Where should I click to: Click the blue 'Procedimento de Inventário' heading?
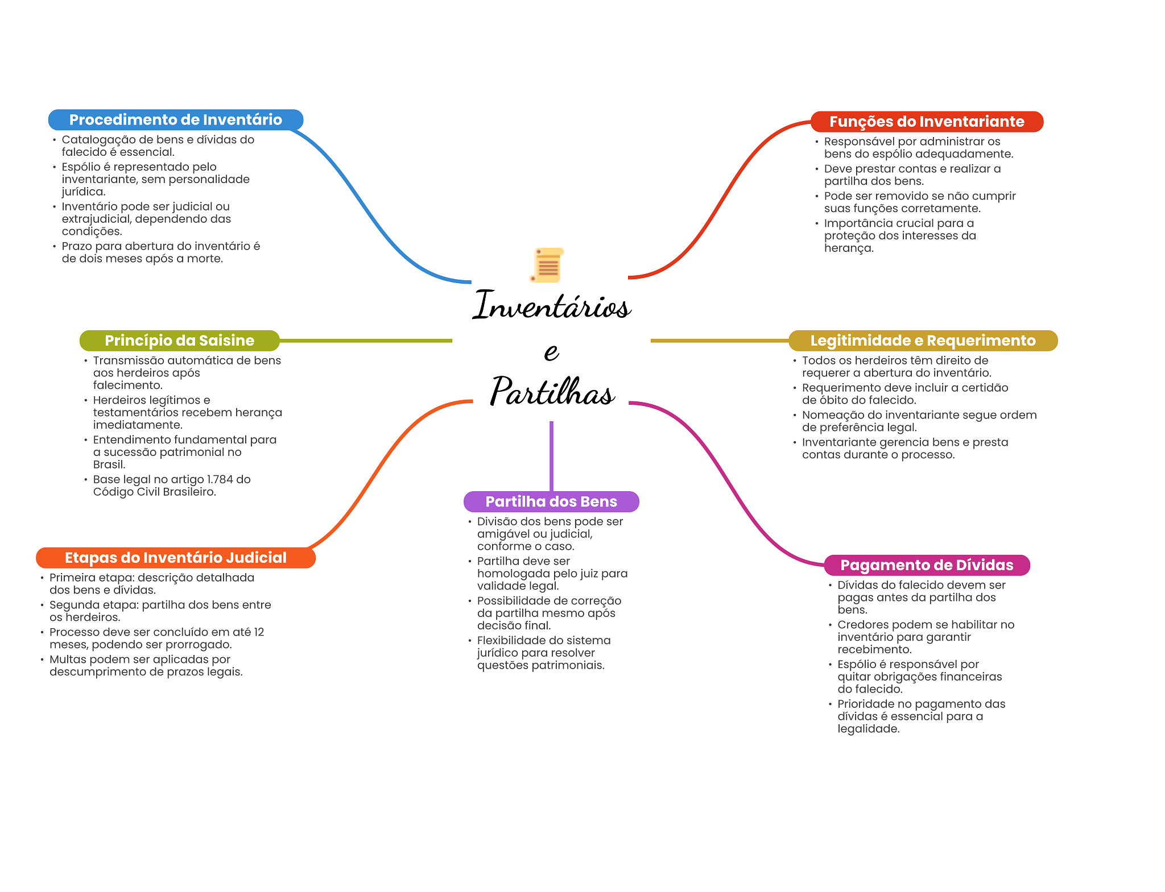[x=175, y=120]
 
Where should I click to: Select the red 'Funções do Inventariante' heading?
[x=927, y=122]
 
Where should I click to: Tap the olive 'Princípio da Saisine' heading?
[x=179, y=341]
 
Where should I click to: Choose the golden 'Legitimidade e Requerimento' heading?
[x=923, y=341]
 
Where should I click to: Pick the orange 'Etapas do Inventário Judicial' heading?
[x=175, y=558]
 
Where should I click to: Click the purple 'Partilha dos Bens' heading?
[x=551, y=501]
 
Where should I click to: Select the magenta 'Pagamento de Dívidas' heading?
[x=927, y=565]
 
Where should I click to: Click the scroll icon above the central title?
[x=547, y=265]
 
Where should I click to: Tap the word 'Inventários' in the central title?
[x=551, y=305]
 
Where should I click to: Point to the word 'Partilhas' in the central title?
[x=552, y=392]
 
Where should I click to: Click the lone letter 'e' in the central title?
[x=551, y=351]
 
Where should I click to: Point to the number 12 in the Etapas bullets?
[x=259, y=632]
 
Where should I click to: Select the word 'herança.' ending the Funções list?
[x=849, y=248]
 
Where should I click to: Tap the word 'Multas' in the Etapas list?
[x=67, y=659]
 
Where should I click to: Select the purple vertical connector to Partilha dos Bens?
[x=551, y=455]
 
